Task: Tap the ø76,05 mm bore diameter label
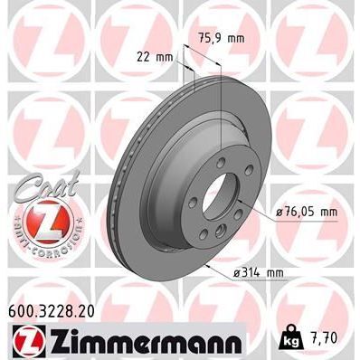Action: click(305, 213)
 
